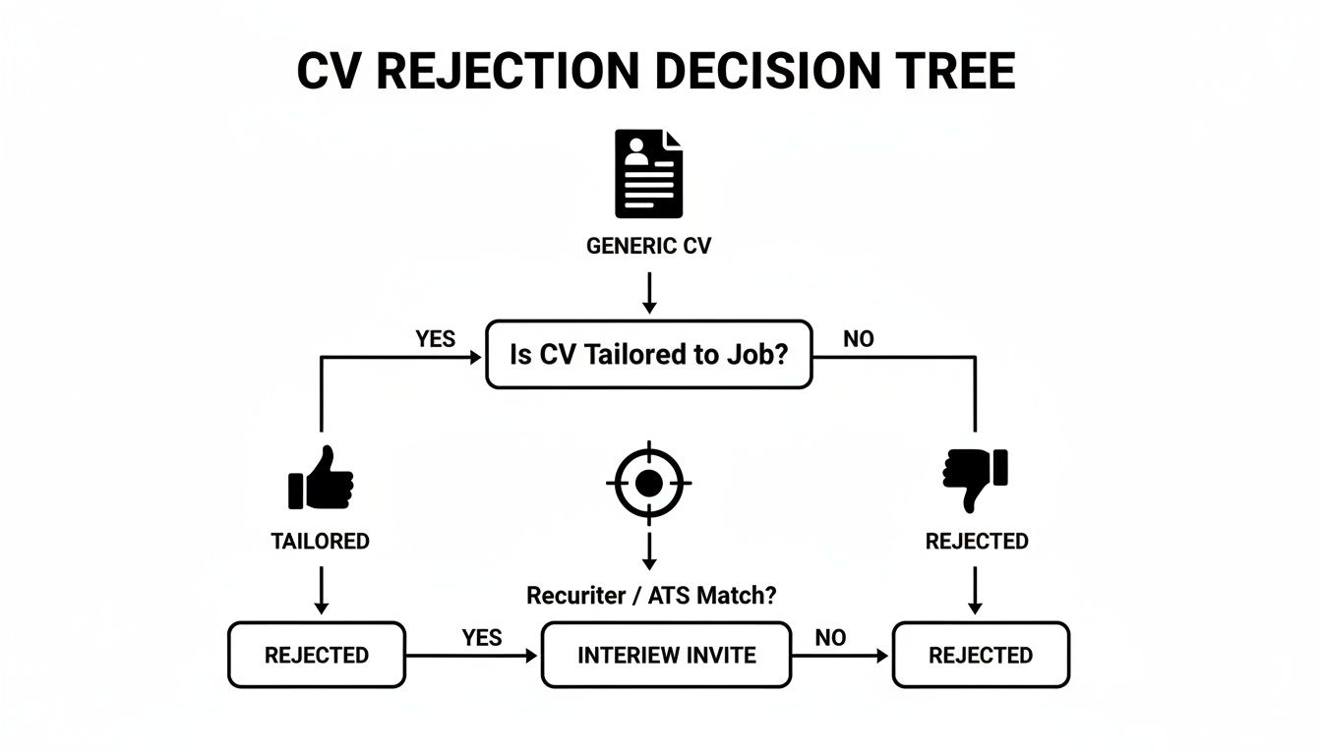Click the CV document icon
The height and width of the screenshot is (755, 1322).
click(648, 175)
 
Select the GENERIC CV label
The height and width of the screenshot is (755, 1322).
click(648, 246)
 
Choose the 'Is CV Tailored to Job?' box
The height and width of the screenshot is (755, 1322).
click(649, 354)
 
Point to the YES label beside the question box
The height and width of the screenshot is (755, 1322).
click(435, 339)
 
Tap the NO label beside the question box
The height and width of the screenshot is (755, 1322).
click(858, 339)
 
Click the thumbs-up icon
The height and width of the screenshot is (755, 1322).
click(321, 479)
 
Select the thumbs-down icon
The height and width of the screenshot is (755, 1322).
click(976, 479)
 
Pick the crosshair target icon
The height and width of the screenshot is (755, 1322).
click(648, 483)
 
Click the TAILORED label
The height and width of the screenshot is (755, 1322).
click(321, 542)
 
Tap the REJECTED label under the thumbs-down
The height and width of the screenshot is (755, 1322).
click(977, 542)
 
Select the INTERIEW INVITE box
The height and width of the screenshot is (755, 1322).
click(666, 655)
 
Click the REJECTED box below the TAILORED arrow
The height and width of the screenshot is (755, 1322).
click(316, 655)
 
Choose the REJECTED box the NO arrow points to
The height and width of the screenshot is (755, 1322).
click(980, 655)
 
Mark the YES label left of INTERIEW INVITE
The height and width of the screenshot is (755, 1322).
click(481, 638)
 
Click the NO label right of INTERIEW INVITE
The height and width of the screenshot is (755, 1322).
click(830, 638)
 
